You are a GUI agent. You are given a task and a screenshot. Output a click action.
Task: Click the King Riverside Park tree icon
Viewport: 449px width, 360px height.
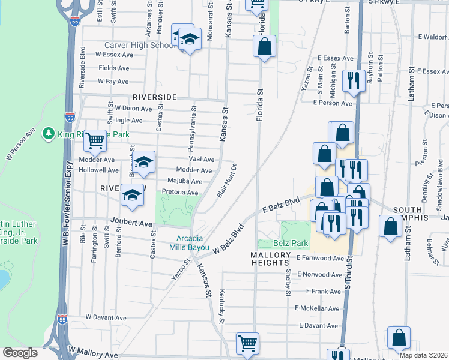(x=49, y=134)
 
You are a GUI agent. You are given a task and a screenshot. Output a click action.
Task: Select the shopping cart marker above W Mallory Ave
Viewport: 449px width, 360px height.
(x=247, y=344)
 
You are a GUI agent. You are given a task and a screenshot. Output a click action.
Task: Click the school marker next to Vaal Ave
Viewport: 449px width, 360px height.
(x=143, y=162)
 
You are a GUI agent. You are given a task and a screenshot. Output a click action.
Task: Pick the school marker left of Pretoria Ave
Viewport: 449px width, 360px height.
(x=133, y=195)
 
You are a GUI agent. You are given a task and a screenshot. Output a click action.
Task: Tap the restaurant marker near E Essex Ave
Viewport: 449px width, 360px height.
(x=354, y=80)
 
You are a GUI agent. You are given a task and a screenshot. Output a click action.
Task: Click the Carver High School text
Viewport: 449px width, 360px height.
(x=139, y=45)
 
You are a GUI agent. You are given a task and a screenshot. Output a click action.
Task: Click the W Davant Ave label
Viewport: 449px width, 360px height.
(x=106, y=317)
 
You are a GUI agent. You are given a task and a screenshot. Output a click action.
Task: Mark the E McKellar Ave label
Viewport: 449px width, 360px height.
(x=317, y=308)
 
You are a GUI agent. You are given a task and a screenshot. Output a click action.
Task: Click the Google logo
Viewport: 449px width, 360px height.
(x=20, y=353)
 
